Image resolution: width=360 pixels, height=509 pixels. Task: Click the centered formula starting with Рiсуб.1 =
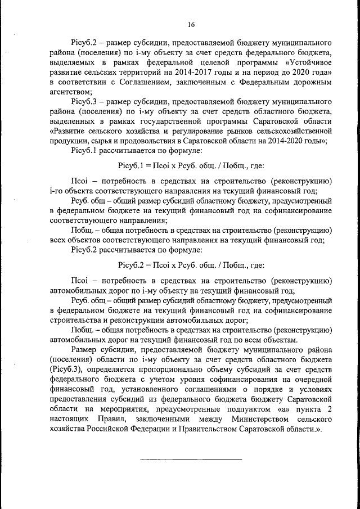[x=191, y=166]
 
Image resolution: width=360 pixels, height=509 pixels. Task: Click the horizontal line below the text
[x=191, y=460]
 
